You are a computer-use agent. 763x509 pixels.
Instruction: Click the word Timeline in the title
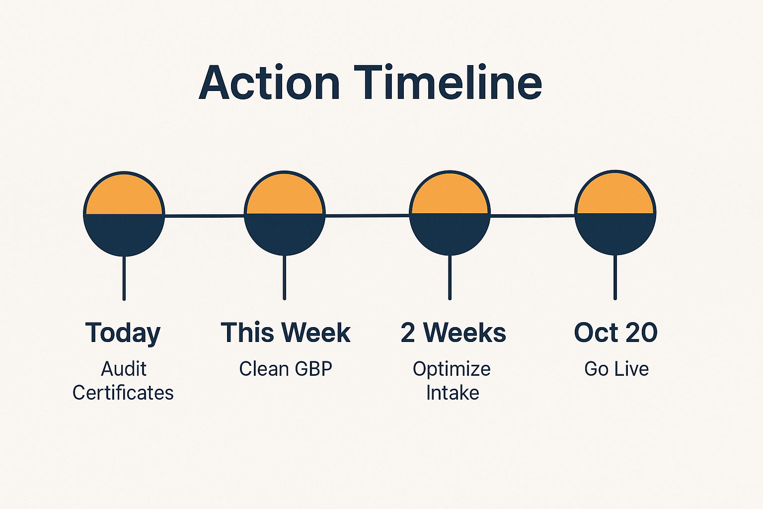(x=448, y=83)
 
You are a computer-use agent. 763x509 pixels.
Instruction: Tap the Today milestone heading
(x=123, y=333)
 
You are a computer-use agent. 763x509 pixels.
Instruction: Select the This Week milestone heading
(x=286, y=333)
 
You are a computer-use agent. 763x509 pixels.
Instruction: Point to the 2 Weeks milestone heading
(x=453, y=333)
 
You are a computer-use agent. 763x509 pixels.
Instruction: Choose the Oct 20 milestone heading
(x=615, y=333)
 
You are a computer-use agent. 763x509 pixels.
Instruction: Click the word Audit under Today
(x=124, y=369)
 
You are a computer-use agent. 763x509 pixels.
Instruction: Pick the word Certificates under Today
(x=123, y=393)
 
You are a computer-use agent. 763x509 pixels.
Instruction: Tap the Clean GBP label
(x=286, y=369)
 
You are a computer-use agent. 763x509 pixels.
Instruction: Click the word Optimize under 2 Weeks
(x=452, y=369)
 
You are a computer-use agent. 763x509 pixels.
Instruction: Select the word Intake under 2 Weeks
(x=453, y=393)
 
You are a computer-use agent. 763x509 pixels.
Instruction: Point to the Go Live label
(x=616, y=369)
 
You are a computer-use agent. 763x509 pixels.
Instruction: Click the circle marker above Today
(x=124, y=214)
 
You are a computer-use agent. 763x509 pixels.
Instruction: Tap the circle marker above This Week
(x=285, y=213)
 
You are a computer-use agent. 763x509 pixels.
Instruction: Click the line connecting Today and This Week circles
(x=204, y=216)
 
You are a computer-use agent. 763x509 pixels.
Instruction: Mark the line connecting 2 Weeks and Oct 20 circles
(x=532, y=216)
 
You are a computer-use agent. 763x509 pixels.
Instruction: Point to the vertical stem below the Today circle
(x=124, y=278)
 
